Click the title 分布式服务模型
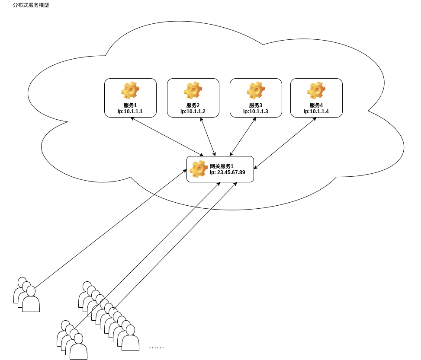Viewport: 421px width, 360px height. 31,5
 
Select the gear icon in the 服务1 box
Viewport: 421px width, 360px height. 130,91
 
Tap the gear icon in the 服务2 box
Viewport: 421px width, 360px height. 193,91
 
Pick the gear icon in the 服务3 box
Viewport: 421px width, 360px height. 256,91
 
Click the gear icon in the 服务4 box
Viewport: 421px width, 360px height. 316,91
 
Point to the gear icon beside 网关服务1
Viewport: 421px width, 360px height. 199,169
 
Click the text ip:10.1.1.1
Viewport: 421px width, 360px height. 130,112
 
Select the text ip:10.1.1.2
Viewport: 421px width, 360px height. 193,112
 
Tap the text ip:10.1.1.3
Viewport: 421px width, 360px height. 256,112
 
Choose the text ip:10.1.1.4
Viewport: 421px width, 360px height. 316,112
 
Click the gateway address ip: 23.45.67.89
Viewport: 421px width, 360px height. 228,172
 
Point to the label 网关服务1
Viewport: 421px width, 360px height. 222,166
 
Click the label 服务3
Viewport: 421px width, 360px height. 256,105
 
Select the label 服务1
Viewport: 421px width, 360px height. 130,105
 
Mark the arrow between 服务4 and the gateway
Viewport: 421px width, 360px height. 285,143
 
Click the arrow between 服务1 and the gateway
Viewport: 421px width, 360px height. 167,137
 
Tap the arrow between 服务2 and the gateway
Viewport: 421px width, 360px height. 208,137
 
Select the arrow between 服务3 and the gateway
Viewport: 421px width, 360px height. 242,137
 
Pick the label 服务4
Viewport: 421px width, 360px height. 316,105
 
